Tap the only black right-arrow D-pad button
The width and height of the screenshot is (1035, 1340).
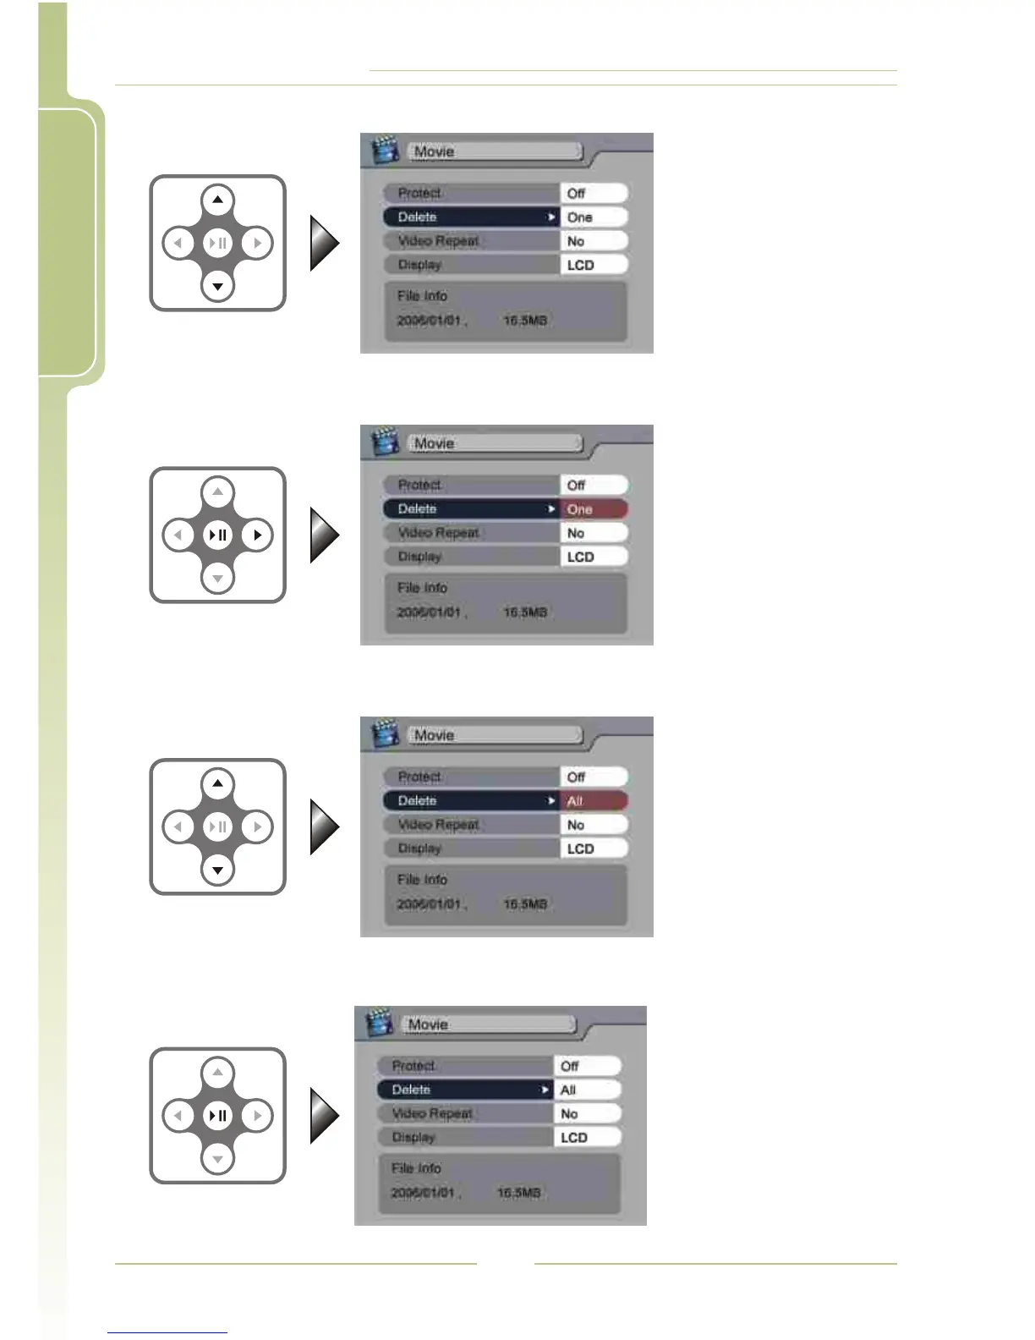[x=257, y=535]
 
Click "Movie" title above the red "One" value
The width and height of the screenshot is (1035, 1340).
[x=434, y=443]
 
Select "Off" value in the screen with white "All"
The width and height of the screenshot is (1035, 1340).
[x=570, y=1067]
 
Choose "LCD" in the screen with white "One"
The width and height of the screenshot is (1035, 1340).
[x=581, y=265]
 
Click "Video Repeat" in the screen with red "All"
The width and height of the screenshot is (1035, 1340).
[x=438, y=825]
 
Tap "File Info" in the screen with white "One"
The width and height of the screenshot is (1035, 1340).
[x=422, y=296]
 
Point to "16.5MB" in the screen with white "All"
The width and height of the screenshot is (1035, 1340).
[x=518, y=1193]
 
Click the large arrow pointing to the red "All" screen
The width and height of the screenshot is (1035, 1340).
[x=325, y=827]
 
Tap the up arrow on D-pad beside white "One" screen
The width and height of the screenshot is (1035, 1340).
[x=217, y=200]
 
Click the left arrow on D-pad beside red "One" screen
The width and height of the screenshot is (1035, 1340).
[x=178, y=535]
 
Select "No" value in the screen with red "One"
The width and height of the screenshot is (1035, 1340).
[x=576, y=533]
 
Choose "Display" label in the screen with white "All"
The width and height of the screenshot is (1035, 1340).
[x=413, y=1138]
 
